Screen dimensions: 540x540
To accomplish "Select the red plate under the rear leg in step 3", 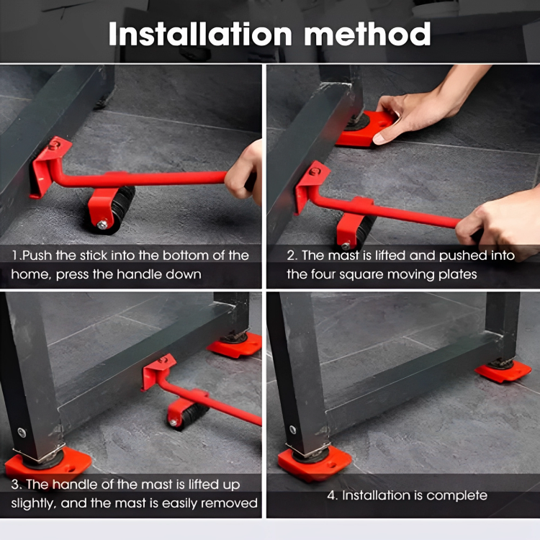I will [x=235, y=345].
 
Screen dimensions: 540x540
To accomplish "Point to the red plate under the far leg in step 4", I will [x=503, y=371].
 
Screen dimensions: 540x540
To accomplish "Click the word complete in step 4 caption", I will [x=456, y=495].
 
